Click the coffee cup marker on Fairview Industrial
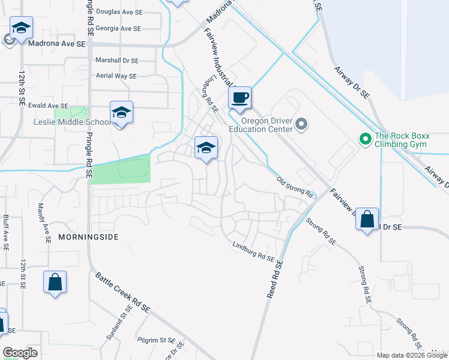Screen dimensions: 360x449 [240, 98]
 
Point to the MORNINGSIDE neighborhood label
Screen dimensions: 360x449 [88, 237]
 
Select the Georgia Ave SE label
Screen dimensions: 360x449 [118, 28]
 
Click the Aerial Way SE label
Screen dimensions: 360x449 [116, 76]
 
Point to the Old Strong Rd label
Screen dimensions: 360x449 [295, 188]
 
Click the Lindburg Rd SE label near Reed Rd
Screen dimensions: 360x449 [253, 251]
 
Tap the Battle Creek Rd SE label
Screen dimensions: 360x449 [122, 292]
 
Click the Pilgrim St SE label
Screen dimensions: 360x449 [155, 340]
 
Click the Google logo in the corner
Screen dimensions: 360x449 [20, 352]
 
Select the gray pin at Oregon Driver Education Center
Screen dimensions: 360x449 [301, 125]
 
